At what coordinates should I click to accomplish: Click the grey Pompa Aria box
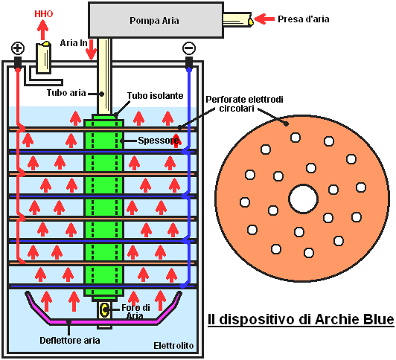(x=156, y=20)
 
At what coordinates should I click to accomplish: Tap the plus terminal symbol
(x=18, y=48)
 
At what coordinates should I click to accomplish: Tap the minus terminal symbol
(x=189, y=48)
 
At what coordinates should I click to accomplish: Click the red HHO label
(x=44, y=14)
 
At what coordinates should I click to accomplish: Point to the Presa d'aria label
(x=303, y=19)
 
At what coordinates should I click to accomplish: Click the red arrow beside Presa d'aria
(x=264, y=19)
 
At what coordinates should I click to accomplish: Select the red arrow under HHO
(x=43, y=30)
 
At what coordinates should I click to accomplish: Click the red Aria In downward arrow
(x=91, y=49)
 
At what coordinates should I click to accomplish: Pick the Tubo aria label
(x=66, y=93)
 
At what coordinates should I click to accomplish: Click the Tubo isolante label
(x=155, y=96)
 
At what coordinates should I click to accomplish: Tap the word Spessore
(x=159, y=141)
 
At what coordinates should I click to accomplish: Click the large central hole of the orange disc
(x=303, y=199)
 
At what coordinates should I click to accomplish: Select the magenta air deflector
(x=103, y=321)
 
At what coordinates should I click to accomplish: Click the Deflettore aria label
(x=70, y=341)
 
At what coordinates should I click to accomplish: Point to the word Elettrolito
(x=173, y=345)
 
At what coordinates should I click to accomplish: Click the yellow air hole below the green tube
(x=104, y=309)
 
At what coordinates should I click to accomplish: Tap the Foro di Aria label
(x=135, y=312)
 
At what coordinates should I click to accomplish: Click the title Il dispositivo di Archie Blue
(x=301, y=319)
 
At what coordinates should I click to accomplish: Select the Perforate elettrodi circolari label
(x=244, y=103)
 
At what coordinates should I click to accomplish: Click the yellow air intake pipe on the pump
(x=237, y=19)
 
